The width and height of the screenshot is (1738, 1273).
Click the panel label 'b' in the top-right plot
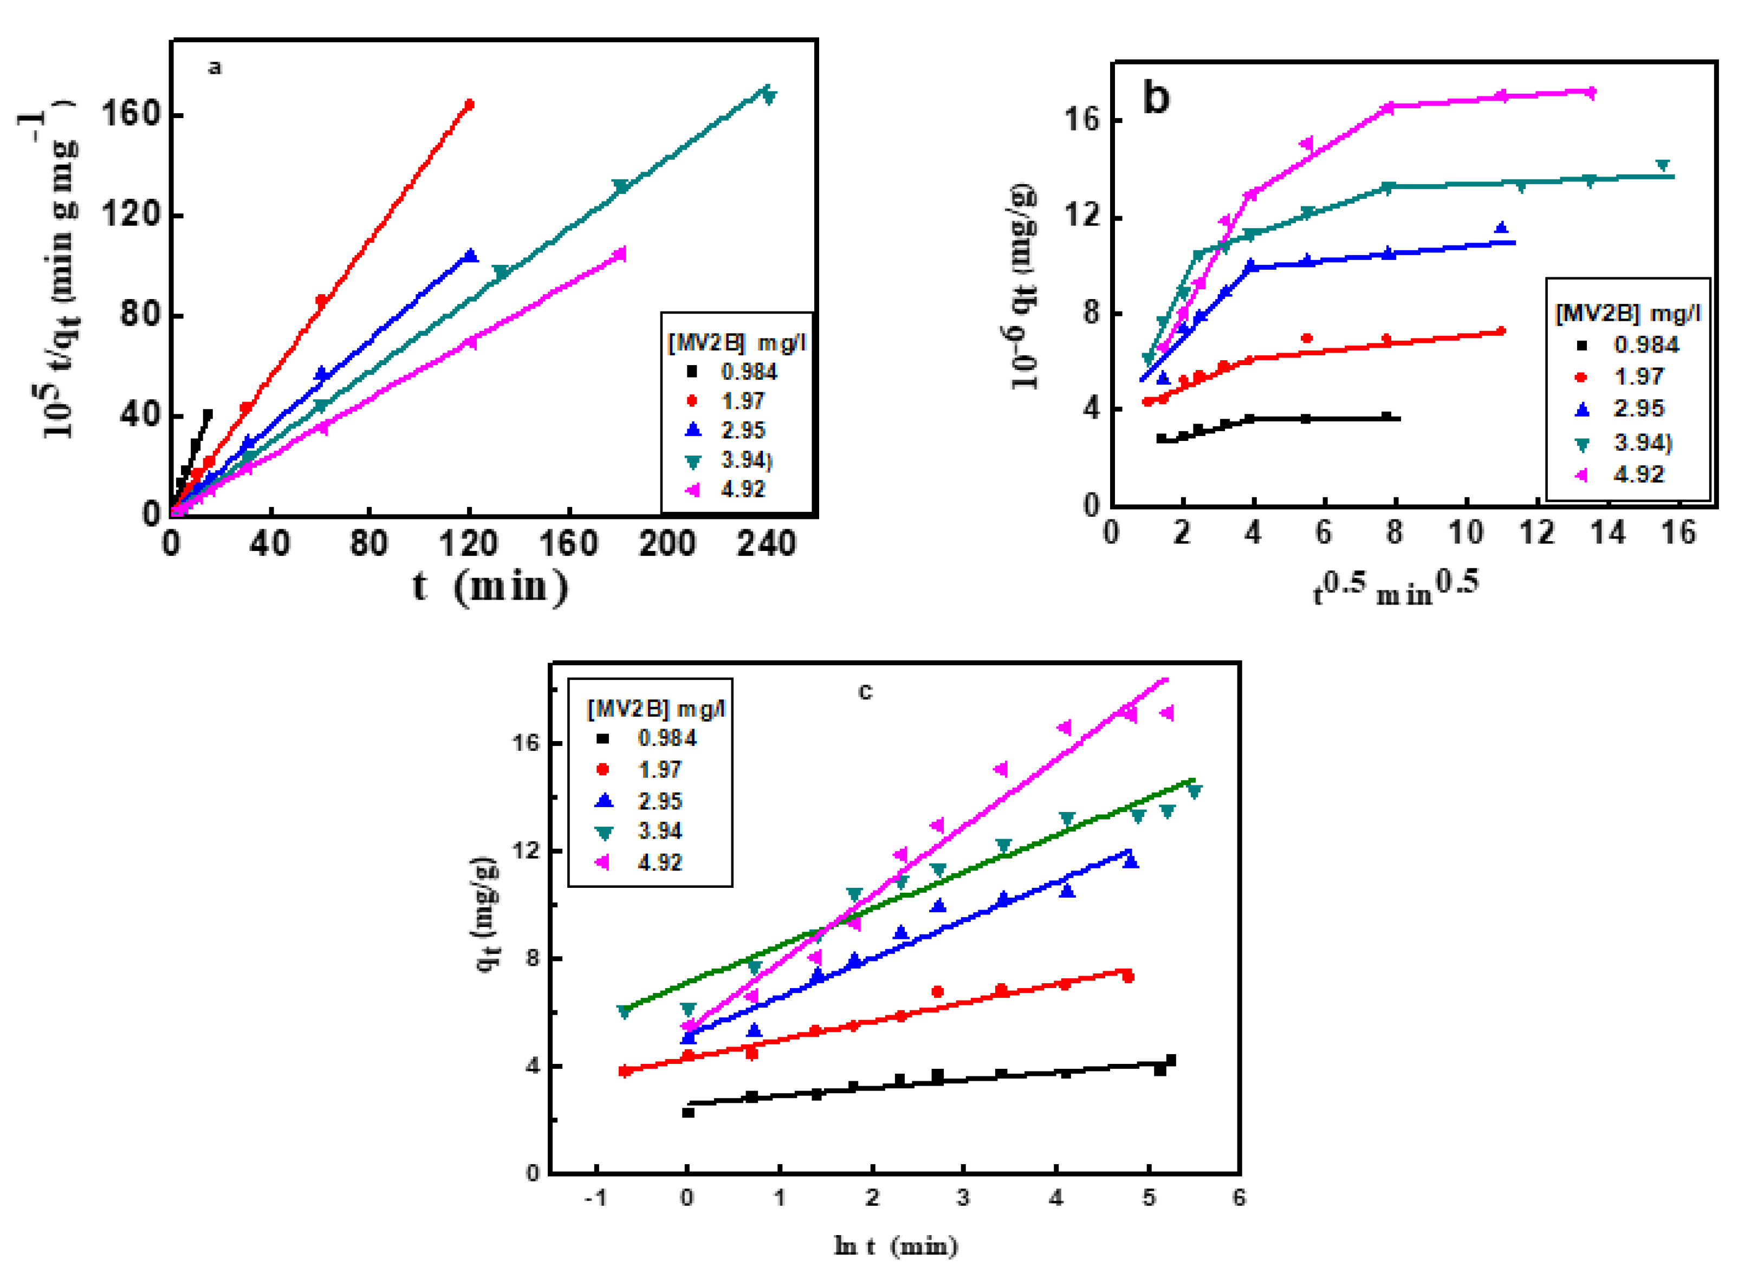click(1156, 98)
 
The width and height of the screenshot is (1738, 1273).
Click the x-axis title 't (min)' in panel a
click(491, 587)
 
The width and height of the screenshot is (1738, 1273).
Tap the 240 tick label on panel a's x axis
click(766, 544)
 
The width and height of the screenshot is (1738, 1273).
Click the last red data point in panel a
click(469, 105)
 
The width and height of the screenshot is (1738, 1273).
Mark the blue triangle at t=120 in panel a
click(470, 256)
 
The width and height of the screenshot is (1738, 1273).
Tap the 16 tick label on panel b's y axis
click(1083, 121)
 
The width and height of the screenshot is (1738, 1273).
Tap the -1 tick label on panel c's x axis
click(596, 1198)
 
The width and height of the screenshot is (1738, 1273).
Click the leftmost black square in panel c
click(688, 1112)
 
